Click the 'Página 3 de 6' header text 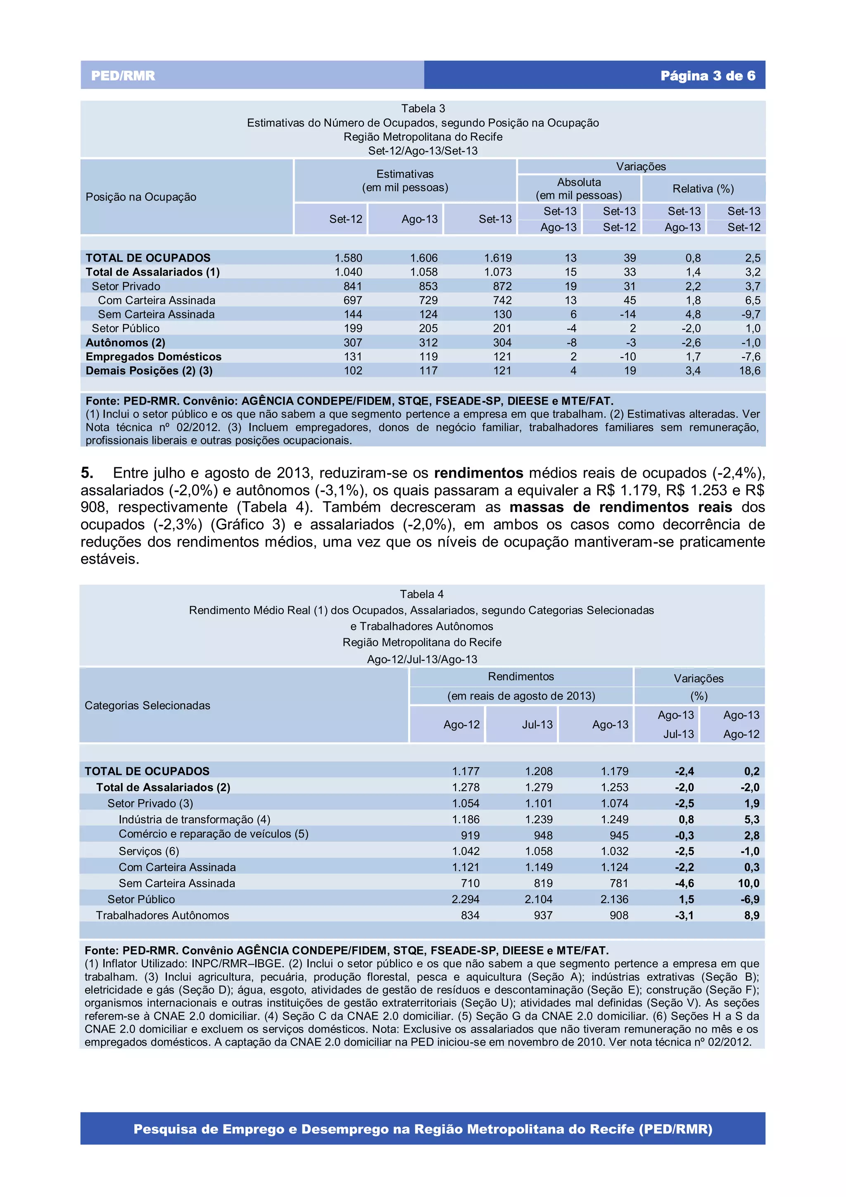click(707, 76)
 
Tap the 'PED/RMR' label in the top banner click(123, 76)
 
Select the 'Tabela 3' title click(423, 108)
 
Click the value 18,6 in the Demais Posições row click(749, 371)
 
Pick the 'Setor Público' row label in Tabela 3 click(126, 328)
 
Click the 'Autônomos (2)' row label click(125, 343)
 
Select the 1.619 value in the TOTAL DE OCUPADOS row click(497, 258)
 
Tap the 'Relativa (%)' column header click(703, 189)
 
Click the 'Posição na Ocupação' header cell click(141, 197)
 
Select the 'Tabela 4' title click(421, 594)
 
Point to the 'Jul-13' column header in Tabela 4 click(537, 724)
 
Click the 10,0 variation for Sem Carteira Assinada click(748, 883)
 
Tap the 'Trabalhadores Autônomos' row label click(162, 916)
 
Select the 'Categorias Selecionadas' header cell click(147, 705)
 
